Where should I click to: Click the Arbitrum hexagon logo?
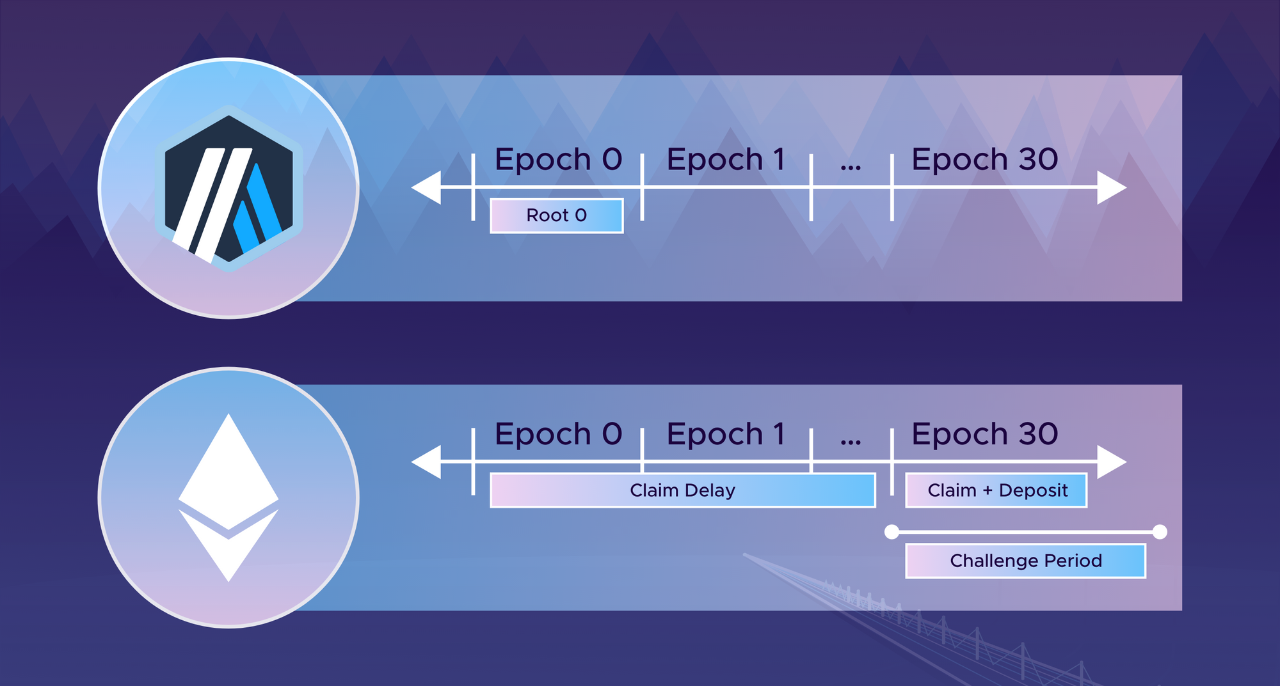point(229,189)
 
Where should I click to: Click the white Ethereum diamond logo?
point(228,497)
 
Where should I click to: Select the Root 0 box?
point(557,215)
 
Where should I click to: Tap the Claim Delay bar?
point(683,490)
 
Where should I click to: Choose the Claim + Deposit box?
point(996,490)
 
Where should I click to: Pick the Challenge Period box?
point(1025,561)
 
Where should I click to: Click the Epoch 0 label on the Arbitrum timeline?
point(558,159)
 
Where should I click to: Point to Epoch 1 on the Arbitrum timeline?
point(725,159)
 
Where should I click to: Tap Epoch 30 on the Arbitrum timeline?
point(985,159)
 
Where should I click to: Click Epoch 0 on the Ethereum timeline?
point(558,434)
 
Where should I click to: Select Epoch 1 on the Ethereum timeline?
point(725,434)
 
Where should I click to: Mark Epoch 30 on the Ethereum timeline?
point(985,434)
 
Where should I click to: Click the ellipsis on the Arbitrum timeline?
point(851,168)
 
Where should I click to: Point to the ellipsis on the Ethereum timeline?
point(851,442)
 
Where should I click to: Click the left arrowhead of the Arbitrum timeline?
point(426,187)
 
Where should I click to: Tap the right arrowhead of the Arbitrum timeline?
point(1112,187)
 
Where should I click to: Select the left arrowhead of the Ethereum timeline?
point(426,462)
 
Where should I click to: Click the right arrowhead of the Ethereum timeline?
point(1112,462)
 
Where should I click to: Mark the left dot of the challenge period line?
point(892,531)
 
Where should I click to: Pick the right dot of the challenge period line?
point(1160,531)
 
